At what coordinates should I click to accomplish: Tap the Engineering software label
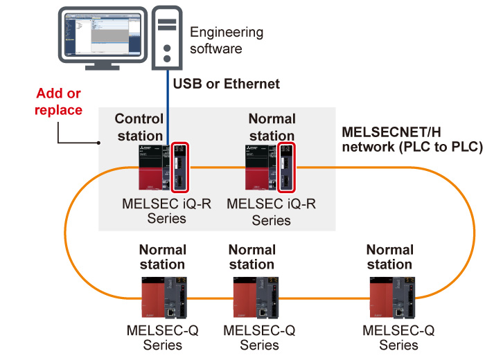coord(217,40)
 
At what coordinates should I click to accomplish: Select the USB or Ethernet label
coord(226,84)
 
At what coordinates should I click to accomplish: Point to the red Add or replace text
coord(60,101)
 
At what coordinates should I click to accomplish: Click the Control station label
coord(139,126)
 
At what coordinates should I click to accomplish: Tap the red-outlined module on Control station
coord(179,168)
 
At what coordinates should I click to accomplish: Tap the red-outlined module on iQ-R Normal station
coord(287,168)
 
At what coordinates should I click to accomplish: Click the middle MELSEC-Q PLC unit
coord(252,297)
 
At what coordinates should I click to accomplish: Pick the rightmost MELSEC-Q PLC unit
coord(390,297)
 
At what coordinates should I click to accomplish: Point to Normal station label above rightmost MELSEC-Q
coord(389,257)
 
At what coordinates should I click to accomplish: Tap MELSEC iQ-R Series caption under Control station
coord(159,211)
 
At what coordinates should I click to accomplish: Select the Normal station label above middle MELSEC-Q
coord(252,257)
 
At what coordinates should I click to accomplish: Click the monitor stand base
coord(100,67)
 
